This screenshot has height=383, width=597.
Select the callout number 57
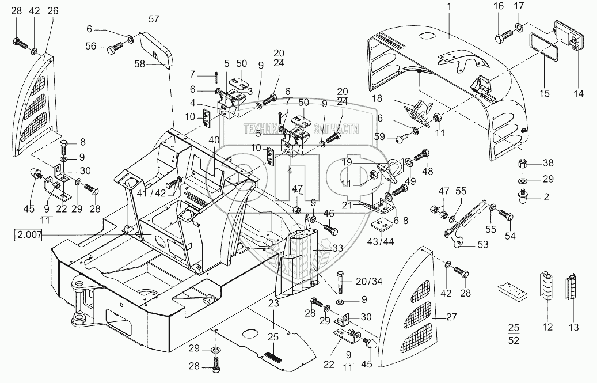coord(153,18)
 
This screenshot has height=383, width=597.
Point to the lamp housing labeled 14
coord(569,36)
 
